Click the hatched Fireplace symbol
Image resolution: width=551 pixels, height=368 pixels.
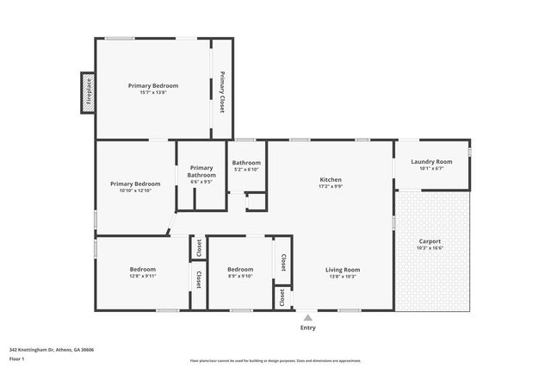click(87, 93)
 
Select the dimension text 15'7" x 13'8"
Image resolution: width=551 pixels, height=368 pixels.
click(152, 93)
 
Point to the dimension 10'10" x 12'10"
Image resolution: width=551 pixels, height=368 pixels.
click(134, 190)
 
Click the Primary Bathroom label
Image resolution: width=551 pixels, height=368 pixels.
click(201, 172)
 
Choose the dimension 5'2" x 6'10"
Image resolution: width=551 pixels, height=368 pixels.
click(246, 170)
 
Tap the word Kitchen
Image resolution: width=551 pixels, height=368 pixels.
click(331, 178)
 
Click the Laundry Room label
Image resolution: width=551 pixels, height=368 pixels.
click(431, 161)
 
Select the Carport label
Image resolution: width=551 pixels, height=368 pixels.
click(429, 240)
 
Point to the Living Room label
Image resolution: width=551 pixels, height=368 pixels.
click(343, 270)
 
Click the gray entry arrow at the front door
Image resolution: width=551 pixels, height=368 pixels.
click(307, 317)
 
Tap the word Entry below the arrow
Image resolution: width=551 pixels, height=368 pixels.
click(307, 327)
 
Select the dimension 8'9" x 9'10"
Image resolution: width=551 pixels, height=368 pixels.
click(240, 277)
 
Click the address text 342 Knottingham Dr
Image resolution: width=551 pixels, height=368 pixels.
click(52, 350)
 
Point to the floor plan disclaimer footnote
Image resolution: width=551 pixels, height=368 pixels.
click(275, 361)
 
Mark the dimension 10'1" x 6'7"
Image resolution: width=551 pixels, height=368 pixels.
click(431, 169)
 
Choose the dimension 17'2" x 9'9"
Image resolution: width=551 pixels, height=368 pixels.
click(331, 186)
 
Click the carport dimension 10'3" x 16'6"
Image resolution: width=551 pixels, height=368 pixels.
click(429, 248)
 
